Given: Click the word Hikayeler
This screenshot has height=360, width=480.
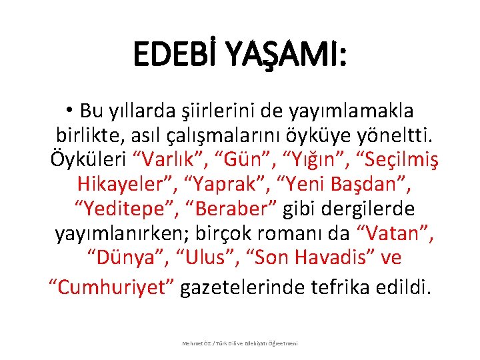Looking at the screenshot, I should point(123,184).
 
